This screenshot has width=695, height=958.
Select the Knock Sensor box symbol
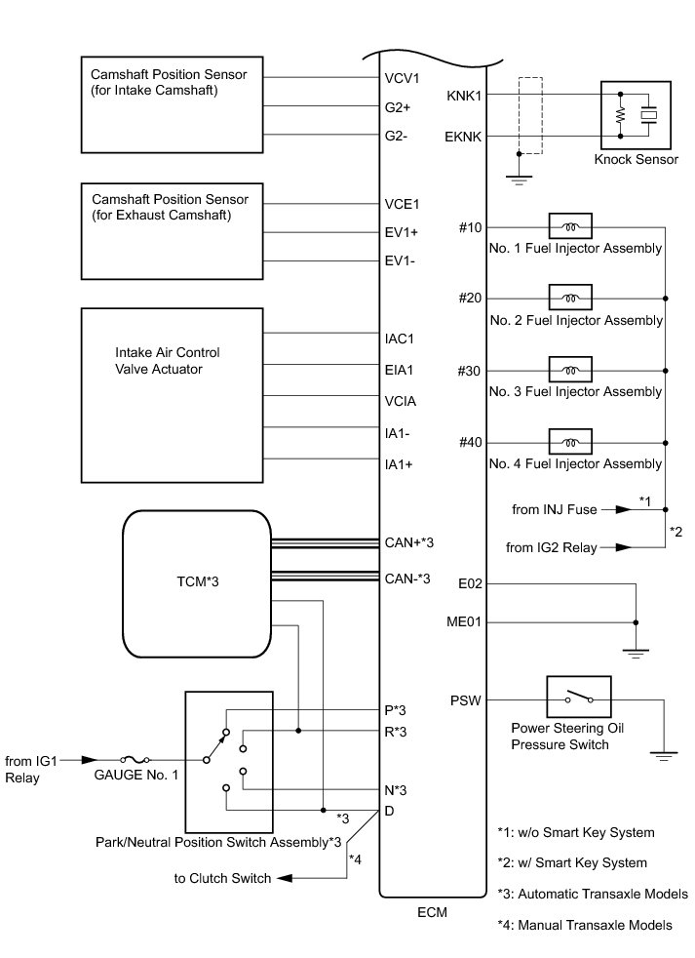(635, 116)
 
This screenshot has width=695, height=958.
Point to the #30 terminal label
(470, 371)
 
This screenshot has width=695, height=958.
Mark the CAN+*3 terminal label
(409, 542)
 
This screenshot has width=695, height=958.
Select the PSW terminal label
(463, 700)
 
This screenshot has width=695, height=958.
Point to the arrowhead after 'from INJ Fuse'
(620, 509)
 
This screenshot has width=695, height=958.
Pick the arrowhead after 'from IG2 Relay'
(620, 549)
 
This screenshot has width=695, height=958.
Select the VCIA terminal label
(401, 399)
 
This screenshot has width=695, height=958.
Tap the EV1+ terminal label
(402, 234)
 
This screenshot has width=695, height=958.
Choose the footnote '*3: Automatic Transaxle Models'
(593, 894)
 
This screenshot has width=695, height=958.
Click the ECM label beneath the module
(432, 914)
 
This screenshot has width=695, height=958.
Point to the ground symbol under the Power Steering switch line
(663, 752)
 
